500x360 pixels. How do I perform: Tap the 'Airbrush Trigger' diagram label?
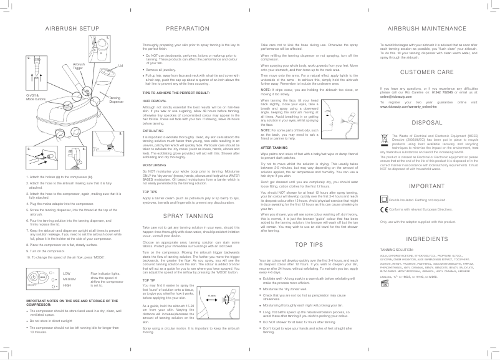(x=79, y=66)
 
